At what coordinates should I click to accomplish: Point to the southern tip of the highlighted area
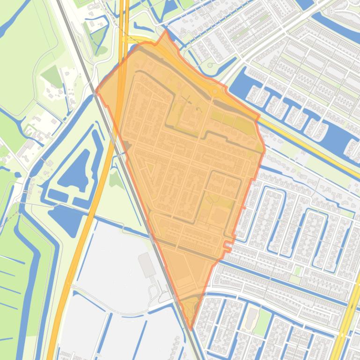191,329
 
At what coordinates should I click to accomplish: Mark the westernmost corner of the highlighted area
96,91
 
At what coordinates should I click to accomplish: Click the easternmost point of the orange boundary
265,151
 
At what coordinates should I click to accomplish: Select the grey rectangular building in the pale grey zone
147,264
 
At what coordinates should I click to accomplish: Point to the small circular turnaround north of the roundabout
210,65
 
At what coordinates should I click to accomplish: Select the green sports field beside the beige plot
263,322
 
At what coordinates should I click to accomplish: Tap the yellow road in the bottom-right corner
348,318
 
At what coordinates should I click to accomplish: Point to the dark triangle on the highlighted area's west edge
127,149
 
